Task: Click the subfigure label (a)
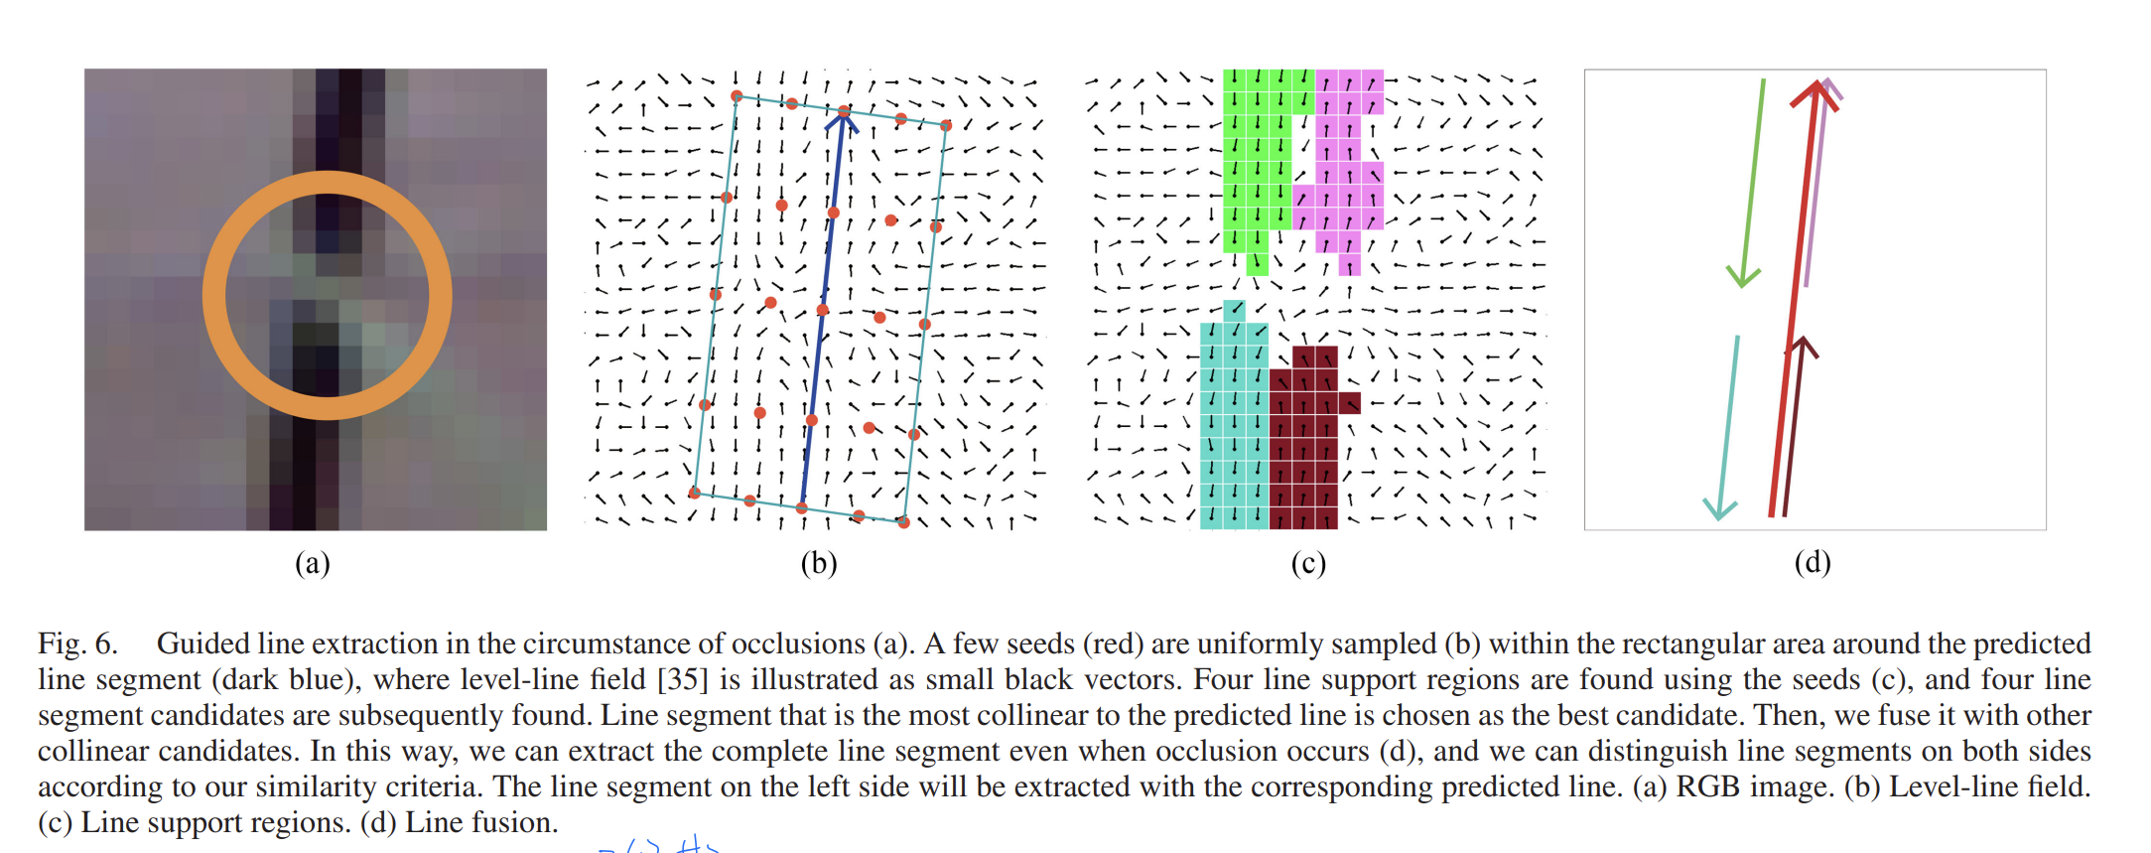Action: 312,564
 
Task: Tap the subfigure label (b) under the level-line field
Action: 819,564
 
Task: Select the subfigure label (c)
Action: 1308,564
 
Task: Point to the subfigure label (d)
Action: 1813,563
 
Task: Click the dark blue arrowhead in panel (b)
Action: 843,119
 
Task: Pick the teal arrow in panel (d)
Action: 1728,427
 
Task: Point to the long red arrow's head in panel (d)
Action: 1815,94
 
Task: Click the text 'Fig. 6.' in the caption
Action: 77,643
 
